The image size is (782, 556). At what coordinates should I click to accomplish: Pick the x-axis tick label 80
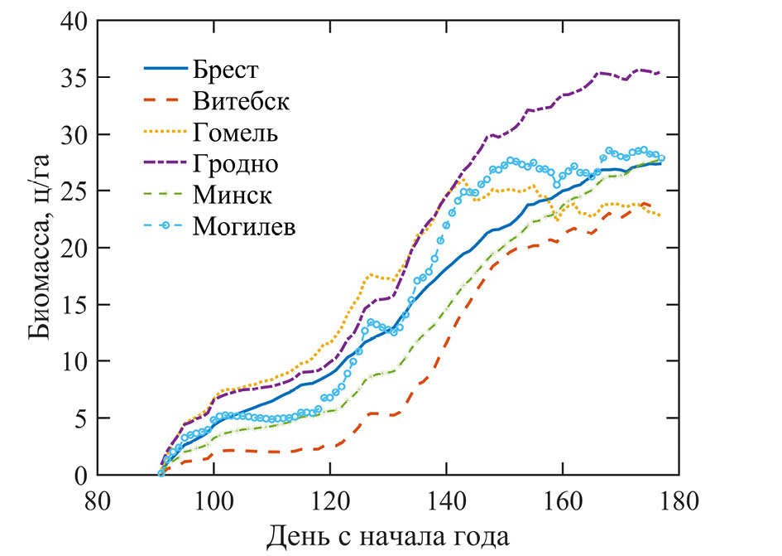coord(98,501)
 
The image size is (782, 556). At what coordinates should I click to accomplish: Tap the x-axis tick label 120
coord(330,501)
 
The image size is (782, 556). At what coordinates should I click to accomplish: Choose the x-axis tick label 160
coord(563,501)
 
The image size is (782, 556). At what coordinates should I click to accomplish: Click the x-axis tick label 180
coord(679,501)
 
